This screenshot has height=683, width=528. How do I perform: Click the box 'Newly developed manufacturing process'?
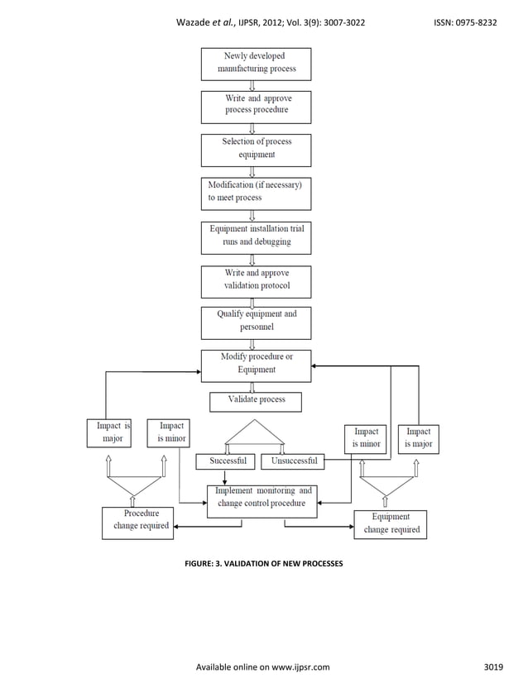click(257, 64)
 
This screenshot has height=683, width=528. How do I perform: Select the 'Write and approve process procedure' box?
click(257, 106)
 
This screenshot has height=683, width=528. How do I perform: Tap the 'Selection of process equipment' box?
click(257, 149)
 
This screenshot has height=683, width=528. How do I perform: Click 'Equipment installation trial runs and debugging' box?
click(257, 237)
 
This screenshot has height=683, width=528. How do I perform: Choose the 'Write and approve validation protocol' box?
click(257, 280)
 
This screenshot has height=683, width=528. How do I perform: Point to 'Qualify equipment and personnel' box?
click(257, 322)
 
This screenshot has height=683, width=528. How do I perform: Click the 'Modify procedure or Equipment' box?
click(257, 365)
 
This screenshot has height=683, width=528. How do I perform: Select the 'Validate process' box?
click(255, 401)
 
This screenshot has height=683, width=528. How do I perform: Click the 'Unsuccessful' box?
click(294, 461)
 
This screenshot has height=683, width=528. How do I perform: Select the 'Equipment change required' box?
click(390, 524)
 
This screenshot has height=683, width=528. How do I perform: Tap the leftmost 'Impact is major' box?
click(113, 434)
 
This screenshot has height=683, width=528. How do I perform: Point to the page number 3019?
click(494, 667)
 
